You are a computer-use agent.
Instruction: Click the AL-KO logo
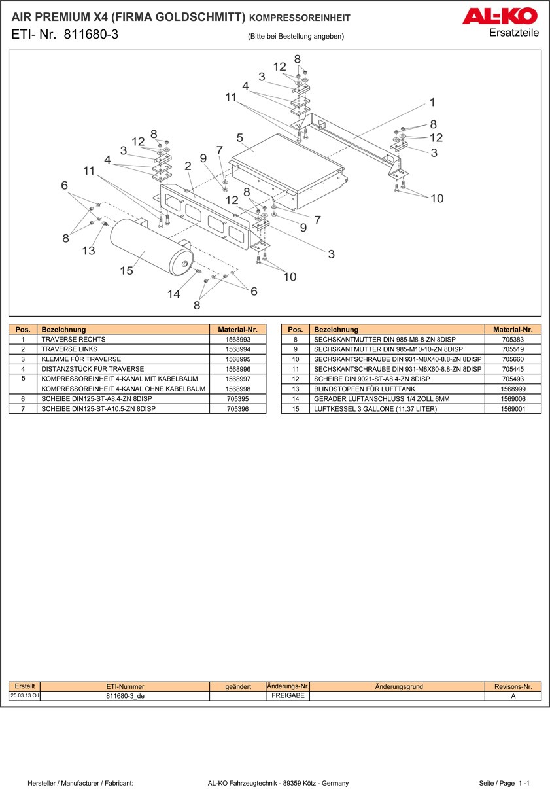click(500, 16)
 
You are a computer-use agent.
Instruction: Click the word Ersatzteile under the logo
click(514, 33)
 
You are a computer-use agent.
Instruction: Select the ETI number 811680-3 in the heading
click(91, 35)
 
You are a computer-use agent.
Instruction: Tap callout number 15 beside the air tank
click(126, 270)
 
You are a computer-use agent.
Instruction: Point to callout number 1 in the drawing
click(432, 102)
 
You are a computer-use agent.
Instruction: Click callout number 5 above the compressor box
click(240, 138)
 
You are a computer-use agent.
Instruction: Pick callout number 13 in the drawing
click(88, 251)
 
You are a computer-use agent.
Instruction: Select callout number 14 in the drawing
click(173, 294)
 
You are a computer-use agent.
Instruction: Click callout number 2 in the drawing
click(188, 166)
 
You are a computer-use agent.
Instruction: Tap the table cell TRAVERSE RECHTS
click(73, 340)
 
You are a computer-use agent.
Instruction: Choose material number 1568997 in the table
click(237, 379)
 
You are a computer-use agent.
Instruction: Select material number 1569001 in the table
click(513, 409)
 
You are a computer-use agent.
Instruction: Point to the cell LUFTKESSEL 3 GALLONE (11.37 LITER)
click(375, 409)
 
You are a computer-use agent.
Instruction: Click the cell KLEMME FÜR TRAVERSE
click(81, 359)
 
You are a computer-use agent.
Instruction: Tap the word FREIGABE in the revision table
click(288, 696)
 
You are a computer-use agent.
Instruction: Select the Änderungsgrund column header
click(399, 686)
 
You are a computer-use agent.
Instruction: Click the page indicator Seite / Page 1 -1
click(504, 783)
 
